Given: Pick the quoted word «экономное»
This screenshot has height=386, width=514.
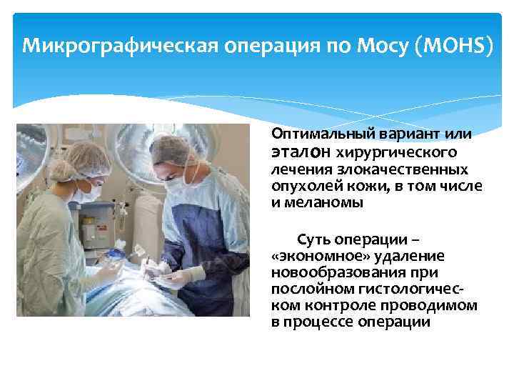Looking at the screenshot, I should (x=305, y=256).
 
